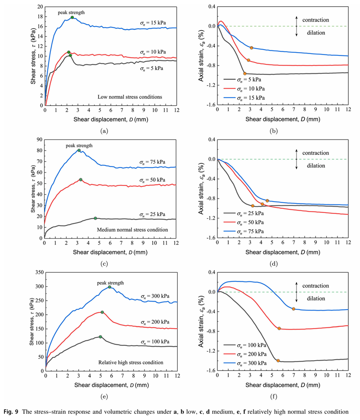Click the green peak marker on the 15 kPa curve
point(72,18)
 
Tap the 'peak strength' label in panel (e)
point(110,283)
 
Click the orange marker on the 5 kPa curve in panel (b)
point(245,73)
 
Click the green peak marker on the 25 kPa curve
point(95,218)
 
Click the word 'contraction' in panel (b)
point(315,20)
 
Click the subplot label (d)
point(283,250)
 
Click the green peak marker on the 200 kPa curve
point(103,312)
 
